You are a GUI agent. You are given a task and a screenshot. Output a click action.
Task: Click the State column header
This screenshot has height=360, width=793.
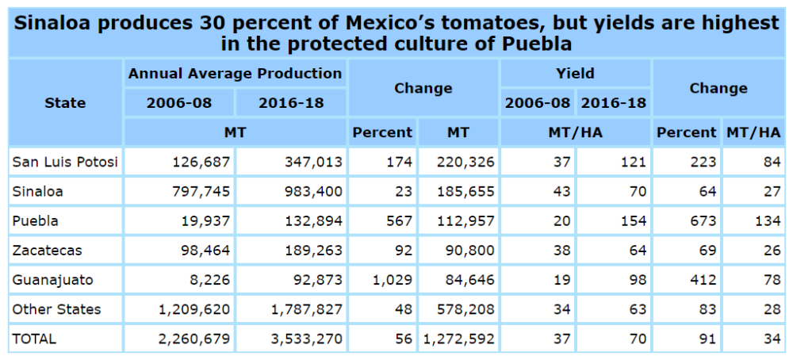pos(65,102)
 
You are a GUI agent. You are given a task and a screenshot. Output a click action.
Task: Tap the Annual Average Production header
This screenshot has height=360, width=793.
pos(235,74)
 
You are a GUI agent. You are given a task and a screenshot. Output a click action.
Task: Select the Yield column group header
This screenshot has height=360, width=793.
pos(575,74)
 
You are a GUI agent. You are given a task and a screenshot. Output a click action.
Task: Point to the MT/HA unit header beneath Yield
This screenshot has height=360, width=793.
pos(575,132)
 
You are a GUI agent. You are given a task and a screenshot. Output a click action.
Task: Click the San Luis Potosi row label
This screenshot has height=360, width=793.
pos(65,163)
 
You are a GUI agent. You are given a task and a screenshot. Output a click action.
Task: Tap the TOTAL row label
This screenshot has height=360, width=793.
pos(34,339)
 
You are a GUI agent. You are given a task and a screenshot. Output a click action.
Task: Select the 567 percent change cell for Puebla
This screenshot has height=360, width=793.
pos(400,221)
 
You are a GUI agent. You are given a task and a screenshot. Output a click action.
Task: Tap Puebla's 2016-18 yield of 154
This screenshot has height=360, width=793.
pos(634,221)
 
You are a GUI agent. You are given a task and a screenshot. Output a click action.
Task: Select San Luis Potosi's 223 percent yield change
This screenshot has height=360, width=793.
pos(703,163)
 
